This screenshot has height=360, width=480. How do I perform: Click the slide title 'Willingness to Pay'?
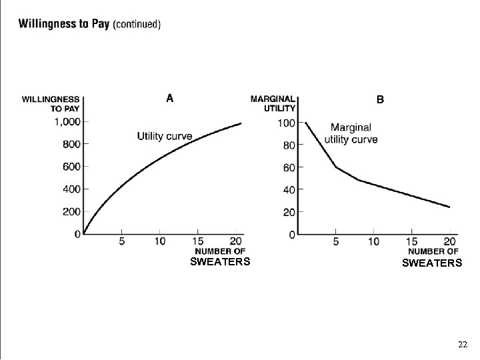coord(64,24)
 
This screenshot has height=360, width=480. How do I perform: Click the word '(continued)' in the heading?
coord(137,25)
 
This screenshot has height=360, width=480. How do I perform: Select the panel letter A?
coord(170,99)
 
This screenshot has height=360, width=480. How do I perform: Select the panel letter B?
coord(380,100)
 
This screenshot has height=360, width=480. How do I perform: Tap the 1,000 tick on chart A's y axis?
coord(67,121)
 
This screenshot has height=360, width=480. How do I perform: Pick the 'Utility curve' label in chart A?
coord(164,136)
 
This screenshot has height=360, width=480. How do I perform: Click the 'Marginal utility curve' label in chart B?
coord(351,133)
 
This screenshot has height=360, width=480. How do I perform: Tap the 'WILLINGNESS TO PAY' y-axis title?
coord(51,103)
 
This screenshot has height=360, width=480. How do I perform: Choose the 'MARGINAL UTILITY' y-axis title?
coord(273,103)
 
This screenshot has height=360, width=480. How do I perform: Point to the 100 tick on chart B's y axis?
coord(287,123)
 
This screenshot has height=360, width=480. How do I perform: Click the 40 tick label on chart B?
coord(289,190)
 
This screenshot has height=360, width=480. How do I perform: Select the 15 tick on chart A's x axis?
coord(198,241)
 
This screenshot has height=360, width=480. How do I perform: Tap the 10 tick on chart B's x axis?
coord(374,241)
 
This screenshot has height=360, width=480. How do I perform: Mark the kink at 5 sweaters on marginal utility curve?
coord(337,167)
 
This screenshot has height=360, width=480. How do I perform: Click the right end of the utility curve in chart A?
coord(241,123)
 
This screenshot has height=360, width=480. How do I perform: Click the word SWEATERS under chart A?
coord(220,262)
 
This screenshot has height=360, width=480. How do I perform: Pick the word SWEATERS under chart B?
coord(431,263)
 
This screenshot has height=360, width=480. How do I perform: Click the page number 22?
coord(463,345)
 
